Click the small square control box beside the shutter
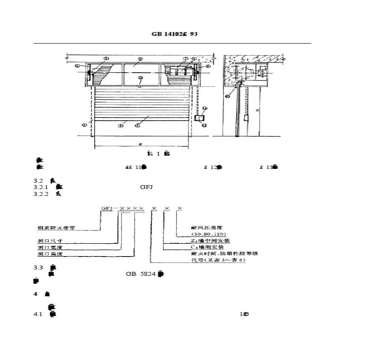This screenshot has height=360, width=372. (200, 118)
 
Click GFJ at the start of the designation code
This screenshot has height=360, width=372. (106, 208)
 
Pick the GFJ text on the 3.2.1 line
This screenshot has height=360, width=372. (147, 187)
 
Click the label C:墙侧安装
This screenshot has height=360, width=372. (208, 247)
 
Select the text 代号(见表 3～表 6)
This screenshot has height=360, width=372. (218, 260)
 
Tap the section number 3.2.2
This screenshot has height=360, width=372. (41, 194)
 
